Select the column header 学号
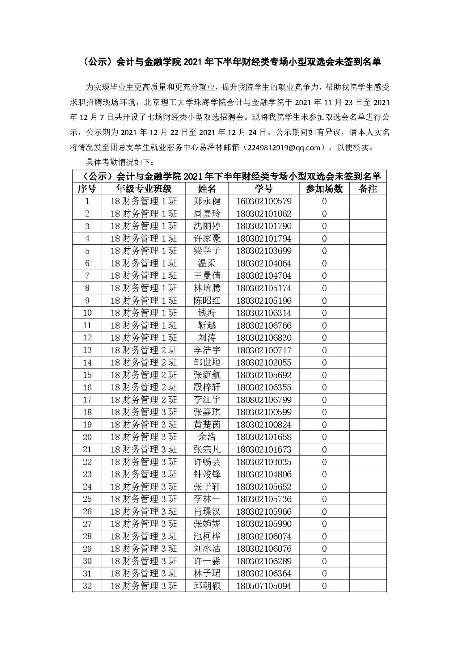[264, 189]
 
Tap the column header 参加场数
[324, 189]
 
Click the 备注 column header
[368, 189]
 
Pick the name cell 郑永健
[207, 201]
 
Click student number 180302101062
[264, 214]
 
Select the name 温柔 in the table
[207, 263]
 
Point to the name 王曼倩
[207, 276]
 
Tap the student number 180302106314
[264, 313]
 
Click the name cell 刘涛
[207, 338]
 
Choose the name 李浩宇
[207, 350]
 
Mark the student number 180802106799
[264, 400]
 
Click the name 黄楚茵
[207, 425]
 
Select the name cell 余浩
[207, 437]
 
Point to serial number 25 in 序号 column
[87, 499]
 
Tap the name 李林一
[207, 499]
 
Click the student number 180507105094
[264, 586]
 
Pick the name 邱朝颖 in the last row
[207, 586]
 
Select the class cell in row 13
[144, 350]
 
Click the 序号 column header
[87, 189]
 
